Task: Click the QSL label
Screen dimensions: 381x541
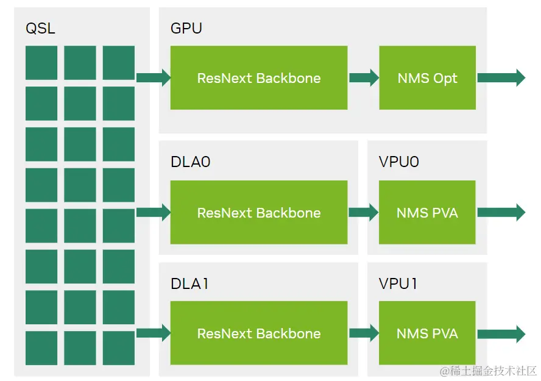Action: coord(40,28)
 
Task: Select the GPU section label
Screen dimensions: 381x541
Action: coord(186,28)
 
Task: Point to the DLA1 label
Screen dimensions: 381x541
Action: coord(189,283)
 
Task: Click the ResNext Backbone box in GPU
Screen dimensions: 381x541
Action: coord(259,78)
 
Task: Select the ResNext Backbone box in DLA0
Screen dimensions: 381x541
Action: coord(259,213)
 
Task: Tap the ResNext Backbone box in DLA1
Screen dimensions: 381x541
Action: coord(259,333)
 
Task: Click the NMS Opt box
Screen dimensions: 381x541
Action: coord(427,78)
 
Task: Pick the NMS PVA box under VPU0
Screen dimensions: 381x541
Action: coord(427,213)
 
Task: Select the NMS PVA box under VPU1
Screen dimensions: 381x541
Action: coord(427,333)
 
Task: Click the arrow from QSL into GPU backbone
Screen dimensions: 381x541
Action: coord(154,77)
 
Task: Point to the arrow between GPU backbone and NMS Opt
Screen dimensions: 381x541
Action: coord(364,77)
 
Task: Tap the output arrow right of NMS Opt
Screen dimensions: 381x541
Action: coord(501,77)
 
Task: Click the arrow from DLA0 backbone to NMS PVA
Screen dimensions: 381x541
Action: coord(364,212)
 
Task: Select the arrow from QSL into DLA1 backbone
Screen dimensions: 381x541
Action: coord(154,333)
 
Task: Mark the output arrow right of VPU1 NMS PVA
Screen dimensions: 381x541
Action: coord(501,333)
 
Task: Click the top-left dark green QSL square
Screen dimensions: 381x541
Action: coord(41,62)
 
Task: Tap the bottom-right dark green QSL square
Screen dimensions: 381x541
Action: coord(119,347)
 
